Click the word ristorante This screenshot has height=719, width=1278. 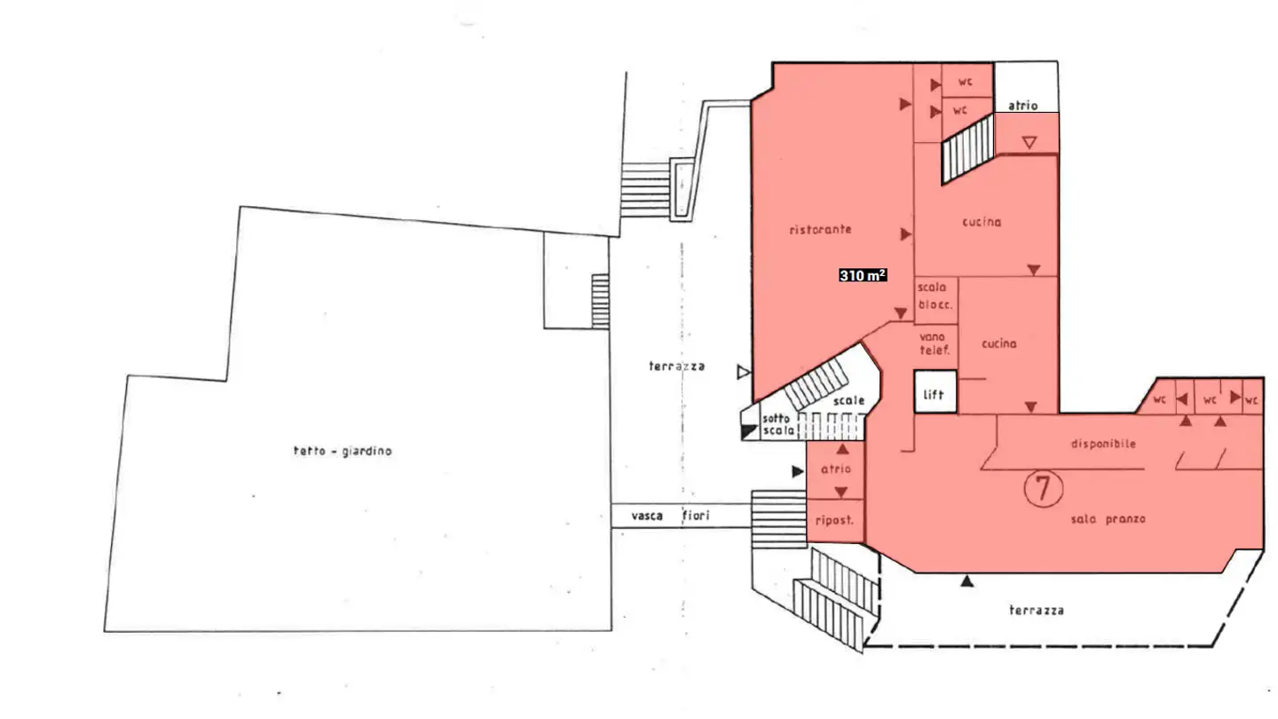[x=820, y=230]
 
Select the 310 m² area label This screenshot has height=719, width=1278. [x=863, y=276]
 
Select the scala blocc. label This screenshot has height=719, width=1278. [x=935, y=296]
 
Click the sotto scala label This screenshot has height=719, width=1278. [x=778, y=424]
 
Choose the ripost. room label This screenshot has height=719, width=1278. [x=833, y=521]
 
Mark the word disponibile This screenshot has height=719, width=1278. [x=1103, y=444]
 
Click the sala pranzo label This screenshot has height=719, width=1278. [x=1108, y=518]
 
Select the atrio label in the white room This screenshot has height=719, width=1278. [x=1022, y=106]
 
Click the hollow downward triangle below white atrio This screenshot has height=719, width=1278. [x=1029, y=142]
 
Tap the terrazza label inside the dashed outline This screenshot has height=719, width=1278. [x=1036, y=611]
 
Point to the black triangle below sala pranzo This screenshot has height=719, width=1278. [x=967, y=582]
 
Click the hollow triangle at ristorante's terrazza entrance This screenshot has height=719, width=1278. [x=744, y=373]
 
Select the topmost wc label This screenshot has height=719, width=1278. [x=964, y=82]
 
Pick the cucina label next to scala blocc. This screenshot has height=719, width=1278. [x=998, y=344]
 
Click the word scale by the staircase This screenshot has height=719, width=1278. [x=848, y=401]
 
